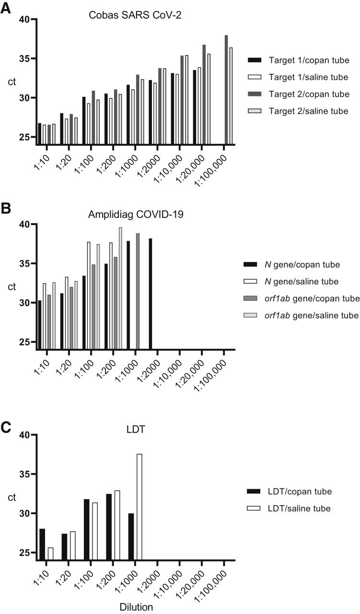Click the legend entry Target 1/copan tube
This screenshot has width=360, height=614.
[302, 60]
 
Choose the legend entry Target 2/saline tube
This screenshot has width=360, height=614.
[302, 111]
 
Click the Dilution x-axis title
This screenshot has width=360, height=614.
[136, 607]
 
